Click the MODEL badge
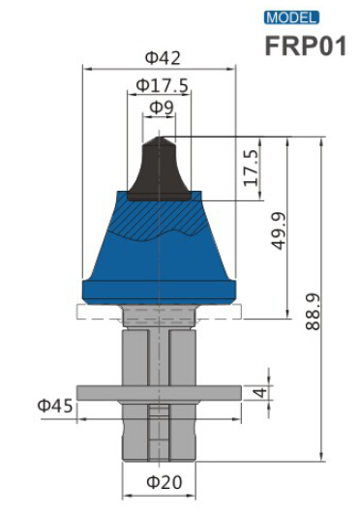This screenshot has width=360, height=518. [291, 17]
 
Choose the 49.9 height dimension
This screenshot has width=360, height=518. [280, 231]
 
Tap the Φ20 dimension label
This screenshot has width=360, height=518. [161, 481]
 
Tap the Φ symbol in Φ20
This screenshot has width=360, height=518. [151, 481]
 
